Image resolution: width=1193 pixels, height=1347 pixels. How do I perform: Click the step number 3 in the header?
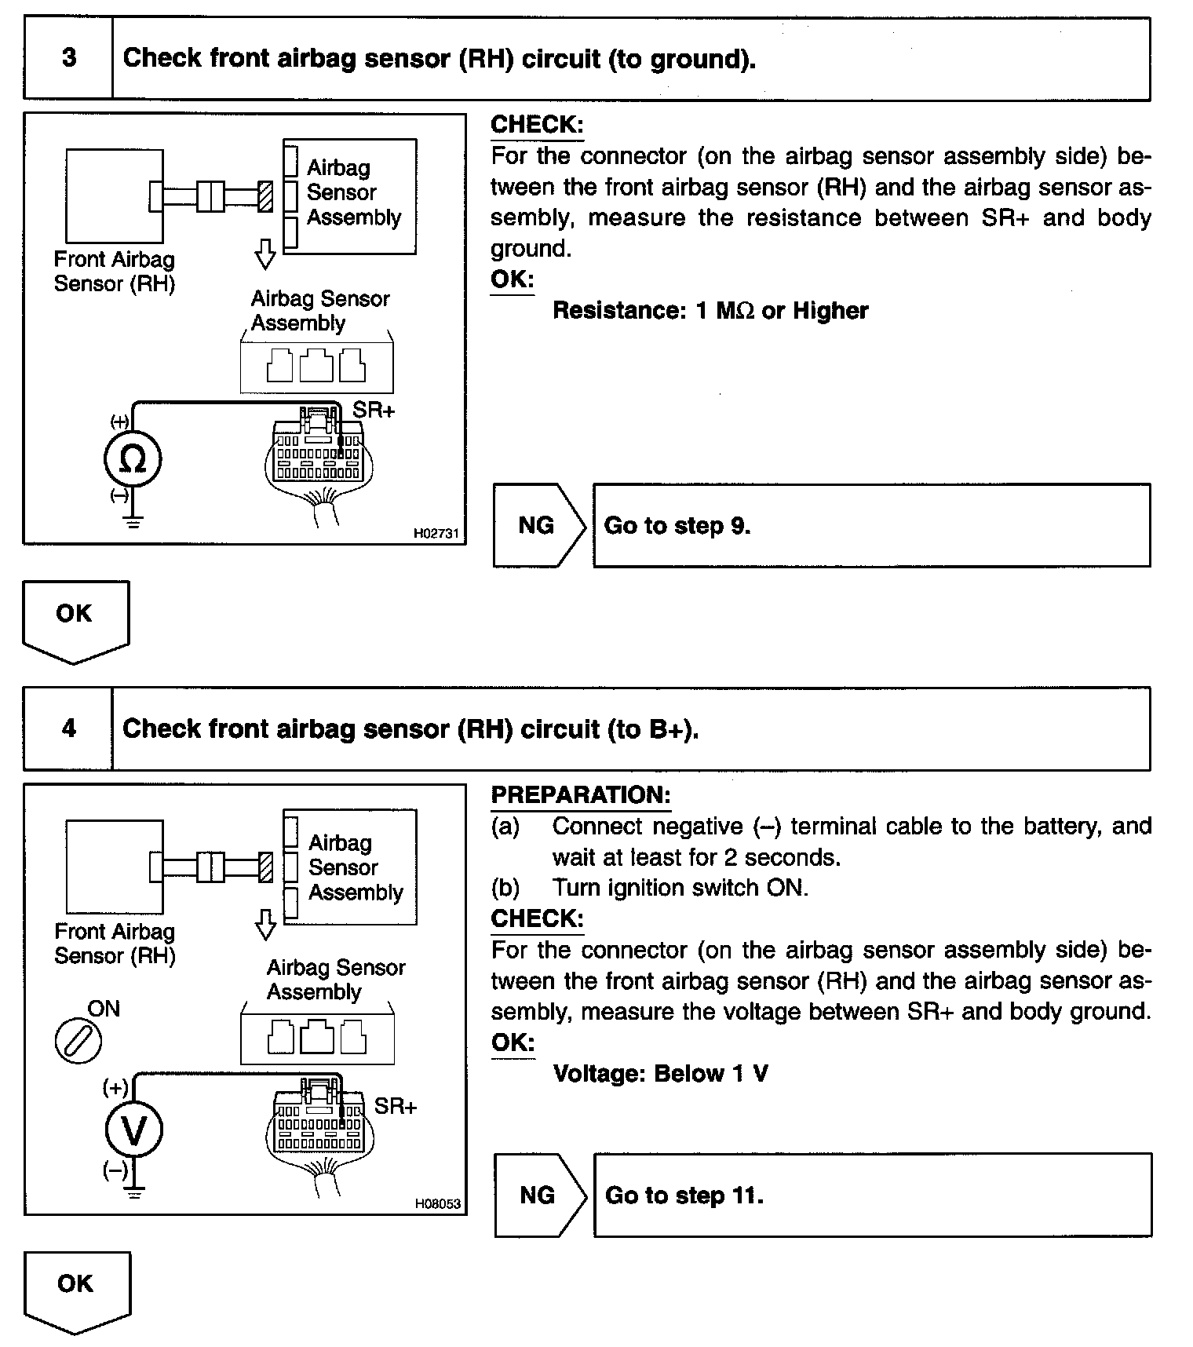69,58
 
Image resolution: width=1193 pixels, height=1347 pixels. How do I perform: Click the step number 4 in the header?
69,728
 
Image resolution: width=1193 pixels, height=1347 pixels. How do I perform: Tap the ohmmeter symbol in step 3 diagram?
133,460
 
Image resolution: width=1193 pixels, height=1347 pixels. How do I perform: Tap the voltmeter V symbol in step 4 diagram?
134,1130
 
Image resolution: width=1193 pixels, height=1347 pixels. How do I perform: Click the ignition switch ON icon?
78,1042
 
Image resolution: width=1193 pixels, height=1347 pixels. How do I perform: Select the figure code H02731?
436,534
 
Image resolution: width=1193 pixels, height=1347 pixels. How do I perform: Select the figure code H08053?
438,1203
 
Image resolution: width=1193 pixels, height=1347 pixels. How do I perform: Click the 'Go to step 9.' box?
871,525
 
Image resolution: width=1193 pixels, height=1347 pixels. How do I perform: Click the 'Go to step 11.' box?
873,1195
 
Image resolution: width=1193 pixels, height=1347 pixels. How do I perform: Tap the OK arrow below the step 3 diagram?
75,619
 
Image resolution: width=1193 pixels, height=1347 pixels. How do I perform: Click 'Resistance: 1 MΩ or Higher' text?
710,311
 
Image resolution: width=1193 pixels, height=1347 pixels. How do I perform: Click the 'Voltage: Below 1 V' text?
660,1073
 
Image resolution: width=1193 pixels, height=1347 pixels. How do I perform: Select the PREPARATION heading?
581,795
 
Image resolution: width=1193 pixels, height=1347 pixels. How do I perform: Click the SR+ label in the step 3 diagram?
374,410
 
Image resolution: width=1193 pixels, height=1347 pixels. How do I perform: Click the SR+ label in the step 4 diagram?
396,1106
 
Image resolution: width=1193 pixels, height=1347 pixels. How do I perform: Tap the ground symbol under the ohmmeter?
133,521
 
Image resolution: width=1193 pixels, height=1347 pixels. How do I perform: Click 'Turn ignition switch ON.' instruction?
680,888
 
